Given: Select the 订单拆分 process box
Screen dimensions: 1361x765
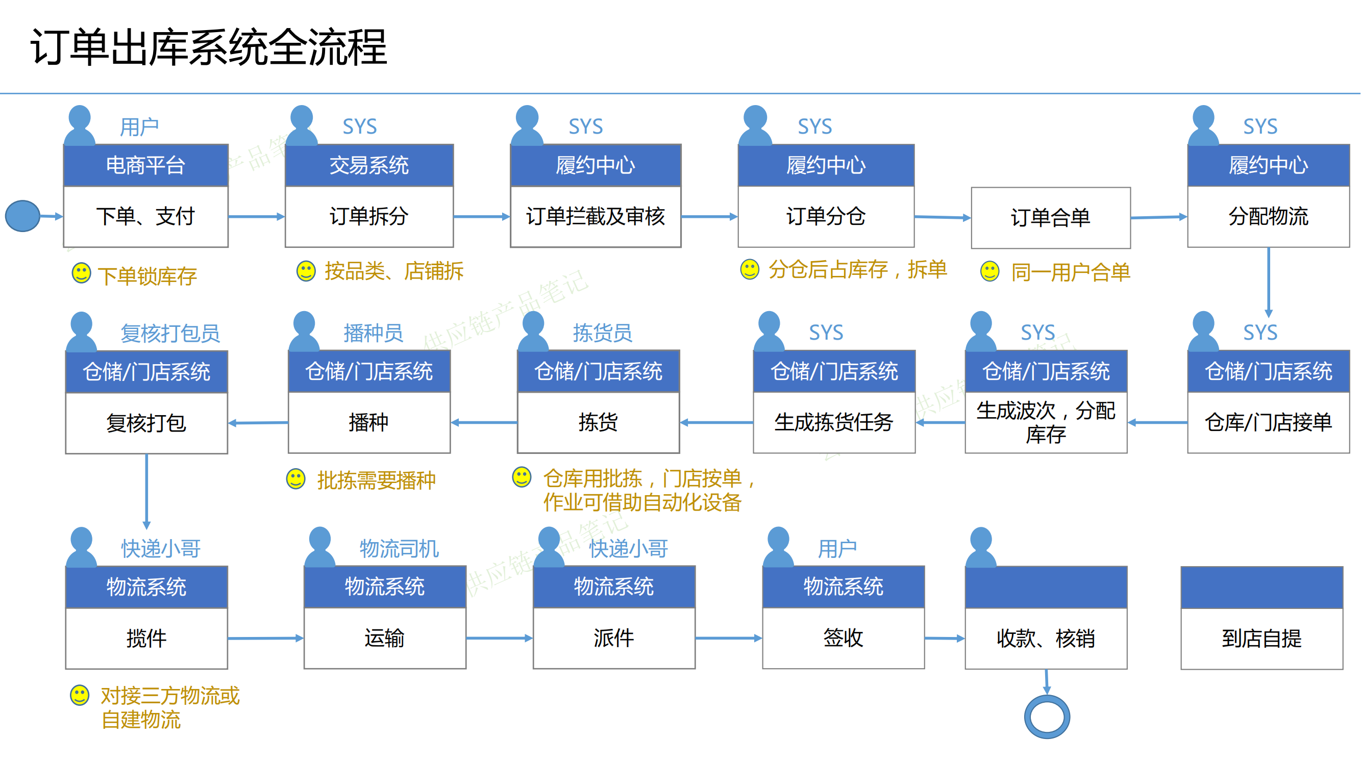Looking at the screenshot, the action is [369, 216].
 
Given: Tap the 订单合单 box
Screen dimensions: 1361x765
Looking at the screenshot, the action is [1050, 218].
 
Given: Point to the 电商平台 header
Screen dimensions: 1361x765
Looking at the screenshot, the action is [146, 165].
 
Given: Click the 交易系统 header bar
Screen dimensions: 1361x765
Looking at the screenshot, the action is [369, 165].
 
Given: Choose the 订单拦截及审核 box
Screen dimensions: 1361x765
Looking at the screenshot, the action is [596, 216].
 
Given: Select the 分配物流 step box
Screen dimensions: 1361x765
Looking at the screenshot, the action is [1268, 216].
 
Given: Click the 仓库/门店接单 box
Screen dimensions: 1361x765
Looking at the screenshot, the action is [1268, 422].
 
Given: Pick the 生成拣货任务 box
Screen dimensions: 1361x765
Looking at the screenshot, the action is [834, 422].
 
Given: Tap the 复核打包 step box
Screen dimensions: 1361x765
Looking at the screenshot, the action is [146, 423].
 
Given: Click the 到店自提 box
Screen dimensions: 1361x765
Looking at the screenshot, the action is [1261, 639].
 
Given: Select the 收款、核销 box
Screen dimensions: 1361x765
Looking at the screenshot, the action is [1046, 639].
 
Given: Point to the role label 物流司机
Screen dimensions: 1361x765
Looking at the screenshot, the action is [399, 549].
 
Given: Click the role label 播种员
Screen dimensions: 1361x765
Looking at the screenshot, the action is [373, 333].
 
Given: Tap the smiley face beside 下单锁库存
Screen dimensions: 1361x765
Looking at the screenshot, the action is [81, 273].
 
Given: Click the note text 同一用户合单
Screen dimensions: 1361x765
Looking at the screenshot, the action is [1071, 273].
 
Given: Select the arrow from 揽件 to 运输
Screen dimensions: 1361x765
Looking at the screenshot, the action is [266, 639].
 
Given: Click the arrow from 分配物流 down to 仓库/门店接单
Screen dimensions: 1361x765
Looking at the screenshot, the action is [1269, 283].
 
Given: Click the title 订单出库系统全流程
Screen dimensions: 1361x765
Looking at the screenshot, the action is [209, 47].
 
